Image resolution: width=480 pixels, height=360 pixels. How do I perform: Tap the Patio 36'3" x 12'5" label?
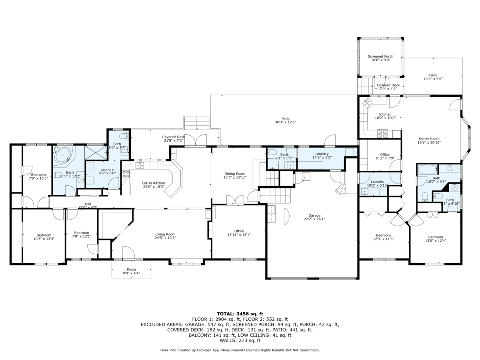coord(285,120)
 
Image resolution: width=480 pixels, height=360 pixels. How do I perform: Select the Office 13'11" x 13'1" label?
coord(239,233)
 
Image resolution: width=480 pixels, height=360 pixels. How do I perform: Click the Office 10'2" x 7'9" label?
coord(385,156)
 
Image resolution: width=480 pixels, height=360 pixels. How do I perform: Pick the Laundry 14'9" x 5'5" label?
coord(322,156)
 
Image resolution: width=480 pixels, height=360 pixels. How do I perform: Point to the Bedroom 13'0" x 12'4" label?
coord(435,239)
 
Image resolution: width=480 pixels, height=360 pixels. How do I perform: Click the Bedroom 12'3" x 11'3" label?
coord(383,237)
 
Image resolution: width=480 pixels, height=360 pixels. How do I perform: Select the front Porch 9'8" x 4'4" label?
coord(131,271)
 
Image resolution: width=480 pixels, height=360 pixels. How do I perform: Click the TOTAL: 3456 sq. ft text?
coord(240,314)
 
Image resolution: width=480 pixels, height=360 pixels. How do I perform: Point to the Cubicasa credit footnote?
coord(240,350)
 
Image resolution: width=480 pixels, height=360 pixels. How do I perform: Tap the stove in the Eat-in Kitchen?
coord(125,174)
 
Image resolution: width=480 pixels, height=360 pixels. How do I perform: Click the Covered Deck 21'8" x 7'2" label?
coord(173,138)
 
